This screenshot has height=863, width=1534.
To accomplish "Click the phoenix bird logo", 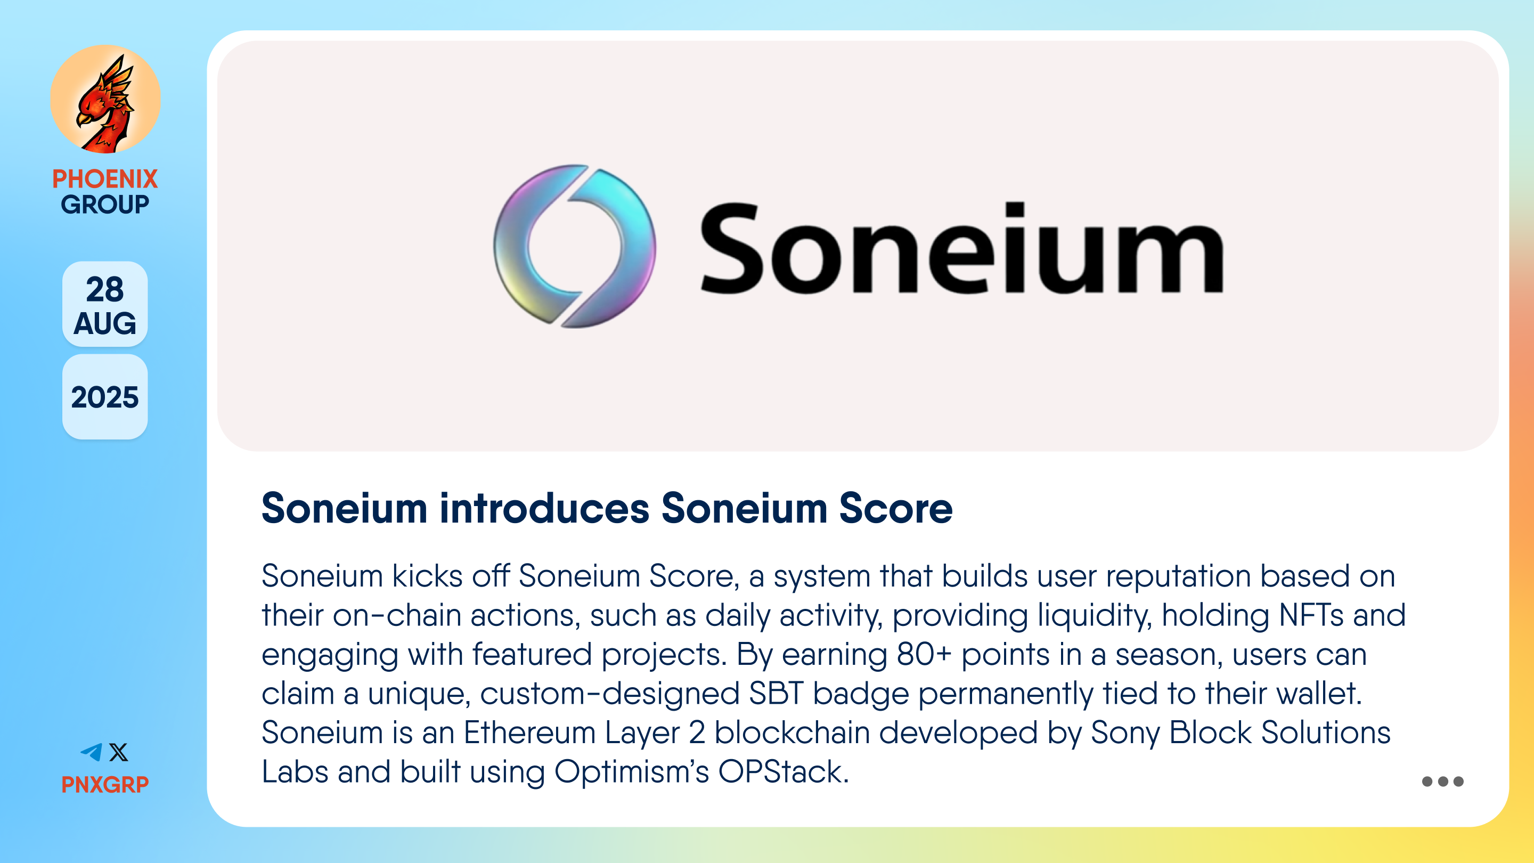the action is [x=105, y=99].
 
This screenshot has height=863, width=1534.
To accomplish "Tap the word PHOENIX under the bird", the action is [x=105, y=178].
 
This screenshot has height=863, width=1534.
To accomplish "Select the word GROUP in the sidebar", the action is [x=105, y=204].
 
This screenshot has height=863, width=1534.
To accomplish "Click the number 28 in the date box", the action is [x=105, y=289].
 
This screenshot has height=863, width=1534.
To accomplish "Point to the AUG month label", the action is [x=105, y=323].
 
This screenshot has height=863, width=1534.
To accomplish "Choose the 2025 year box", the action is [x=105, y=397].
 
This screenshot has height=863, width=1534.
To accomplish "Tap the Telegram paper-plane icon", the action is [x=91, y=752].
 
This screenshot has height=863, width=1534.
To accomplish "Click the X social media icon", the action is [x=118, y=752].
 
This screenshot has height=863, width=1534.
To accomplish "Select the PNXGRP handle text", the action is [x=105, y=784].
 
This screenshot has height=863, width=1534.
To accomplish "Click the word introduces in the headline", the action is [x=544, y=508].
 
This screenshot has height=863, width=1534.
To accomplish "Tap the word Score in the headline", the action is [x=896, y=508].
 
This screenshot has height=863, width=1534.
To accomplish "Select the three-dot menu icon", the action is [x=1442, y=781].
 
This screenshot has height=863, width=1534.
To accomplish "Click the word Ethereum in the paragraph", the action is [x=529, y=732].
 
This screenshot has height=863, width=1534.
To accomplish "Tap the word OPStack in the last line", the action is [x=783, y=772].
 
